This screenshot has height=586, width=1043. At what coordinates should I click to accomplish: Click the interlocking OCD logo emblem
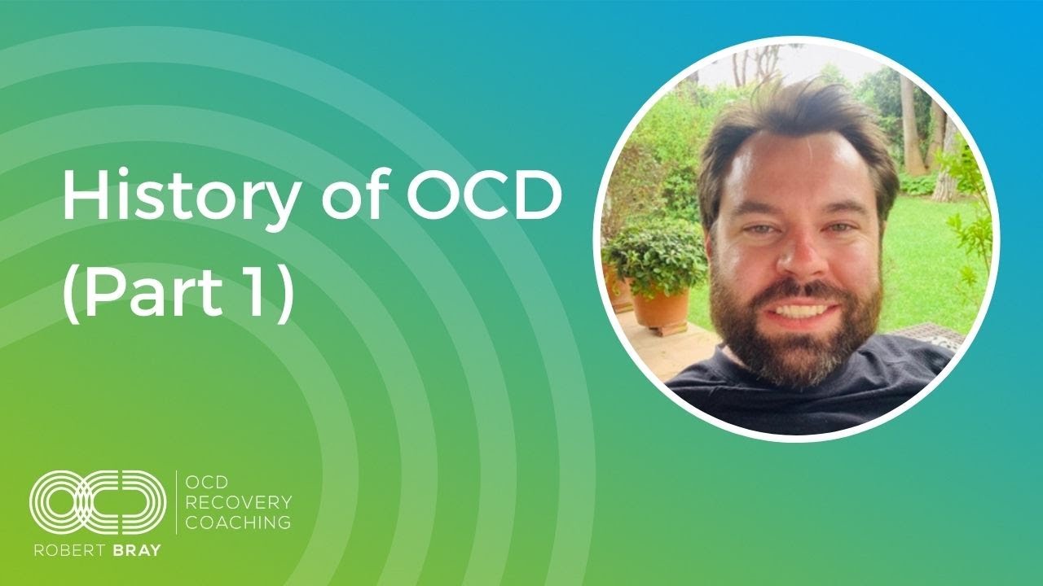point(98,503)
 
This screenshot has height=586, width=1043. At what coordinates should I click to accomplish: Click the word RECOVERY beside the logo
point(239,502)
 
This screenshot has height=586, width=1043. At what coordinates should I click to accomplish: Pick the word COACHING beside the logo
point(239,522)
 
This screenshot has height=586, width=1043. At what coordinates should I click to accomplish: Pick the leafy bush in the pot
point(652,256)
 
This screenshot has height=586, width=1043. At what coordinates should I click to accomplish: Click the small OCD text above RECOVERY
point(206,483)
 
